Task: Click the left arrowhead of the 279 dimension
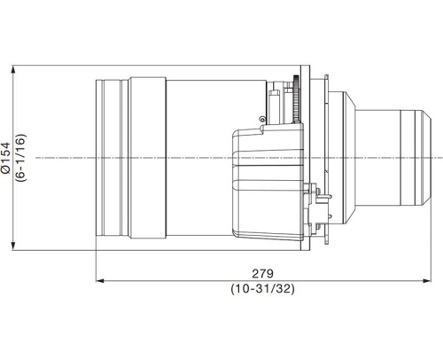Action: point(99,282)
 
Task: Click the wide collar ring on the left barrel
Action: point(147,158)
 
